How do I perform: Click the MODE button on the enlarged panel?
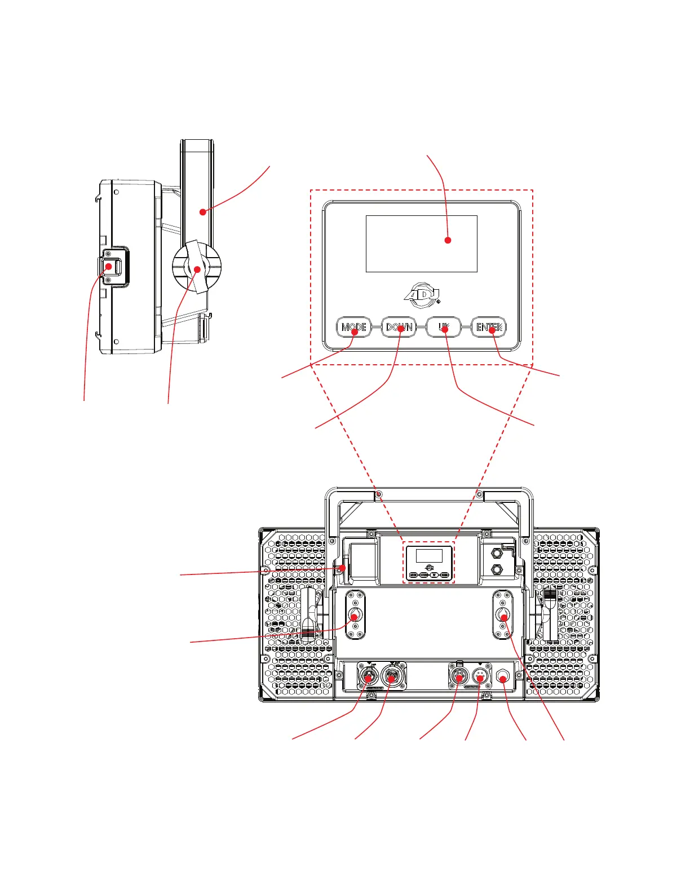point(354,328)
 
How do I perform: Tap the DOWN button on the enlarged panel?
point(399,328)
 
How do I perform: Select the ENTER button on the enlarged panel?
point(489,328)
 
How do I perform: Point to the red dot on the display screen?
point(448,240)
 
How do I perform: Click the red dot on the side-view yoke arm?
point(203,212)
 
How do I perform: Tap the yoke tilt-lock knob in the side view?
point(197,269)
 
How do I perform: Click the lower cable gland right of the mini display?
point(497,569)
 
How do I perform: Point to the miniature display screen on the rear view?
point(429,555)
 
